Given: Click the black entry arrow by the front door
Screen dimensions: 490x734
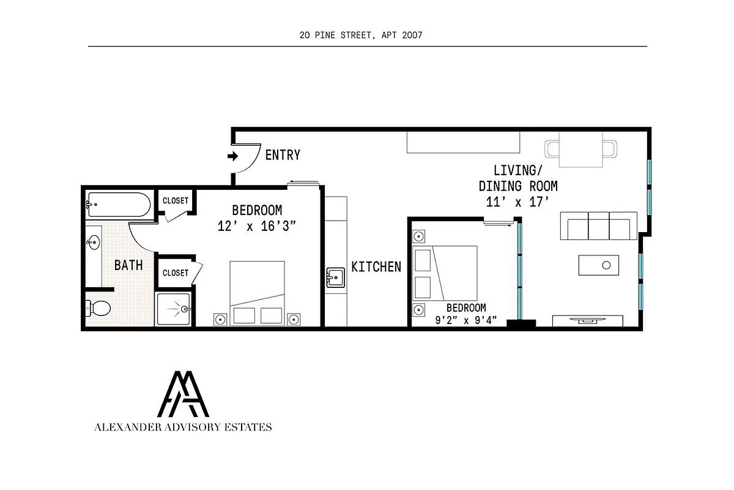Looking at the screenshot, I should point(232,156).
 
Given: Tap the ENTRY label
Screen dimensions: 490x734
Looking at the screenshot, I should point(283,156).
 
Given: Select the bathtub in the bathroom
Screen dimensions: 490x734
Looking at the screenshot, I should point(119,205).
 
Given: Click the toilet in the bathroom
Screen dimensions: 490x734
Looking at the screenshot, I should point(98,307).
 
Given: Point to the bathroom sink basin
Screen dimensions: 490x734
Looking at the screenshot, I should point(93,243).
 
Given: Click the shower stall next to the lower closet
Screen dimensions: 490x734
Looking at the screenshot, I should point(174,310).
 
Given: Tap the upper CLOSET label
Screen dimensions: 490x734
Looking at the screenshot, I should point(176,200).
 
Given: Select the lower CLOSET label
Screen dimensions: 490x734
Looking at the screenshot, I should point(176,273).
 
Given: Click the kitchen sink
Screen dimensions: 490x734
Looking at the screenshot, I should point(336,277).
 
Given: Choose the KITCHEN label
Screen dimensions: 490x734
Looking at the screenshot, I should point(376,266).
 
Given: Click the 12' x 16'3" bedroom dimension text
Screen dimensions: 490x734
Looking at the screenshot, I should point(257,227).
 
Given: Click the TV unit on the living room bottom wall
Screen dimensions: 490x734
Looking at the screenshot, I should point(588,321).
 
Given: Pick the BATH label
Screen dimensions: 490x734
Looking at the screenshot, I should point(128,265).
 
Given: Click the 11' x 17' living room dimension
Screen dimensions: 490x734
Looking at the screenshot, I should point(517,202).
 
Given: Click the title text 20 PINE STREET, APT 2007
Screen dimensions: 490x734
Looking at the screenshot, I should point(361,35).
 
